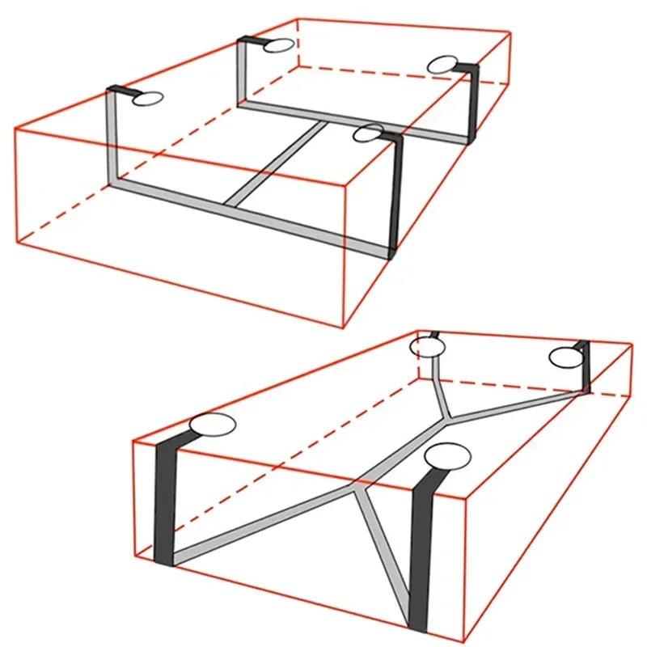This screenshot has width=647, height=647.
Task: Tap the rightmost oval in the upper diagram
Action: [444, 65]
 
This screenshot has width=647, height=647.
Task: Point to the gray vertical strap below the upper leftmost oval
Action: [112, 137]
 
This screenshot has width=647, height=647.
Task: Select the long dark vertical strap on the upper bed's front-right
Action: [395, 194]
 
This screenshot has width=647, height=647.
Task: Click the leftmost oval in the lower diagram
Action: [212, 424]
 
